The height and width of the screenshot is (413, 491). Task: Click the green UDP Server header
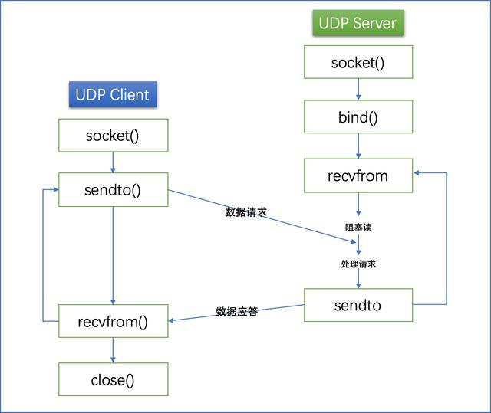click(358, 23)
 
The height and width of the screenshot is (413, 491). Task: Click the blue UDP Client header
click(113, 94)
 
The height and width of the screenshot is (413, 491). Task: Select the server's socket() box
click(358, 62)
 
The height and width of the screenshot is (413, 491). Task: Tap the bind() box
click(358, 116)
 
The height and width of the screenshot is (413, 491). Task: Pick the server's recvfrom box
click(358, 175)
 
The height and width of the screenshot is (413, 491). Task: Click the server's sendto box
click(358, 305)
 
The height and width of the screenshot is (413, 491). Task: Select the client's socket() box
click(113, 136)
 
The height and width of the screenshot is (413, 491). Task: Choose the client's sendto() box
click(113, 189)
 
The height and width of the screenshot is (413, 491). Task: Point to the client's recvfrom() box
click(113, 321)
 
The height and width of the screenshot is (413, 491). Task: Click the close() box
click(113, 379)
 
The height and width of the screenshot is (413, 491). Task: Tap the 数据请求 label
click(245, 212)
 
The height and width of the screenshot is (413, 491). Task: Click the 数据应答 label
click(237, 311)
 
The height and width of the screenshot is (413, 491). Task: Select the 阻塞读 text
click(358, 228)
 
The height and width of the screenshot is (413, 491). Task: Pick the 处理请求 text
click(358, 264)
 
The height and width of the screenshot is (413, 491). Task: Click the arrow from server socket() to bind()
click(358, 89)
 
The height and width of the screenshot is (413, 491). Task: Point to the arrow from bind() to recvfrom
click(358, 146)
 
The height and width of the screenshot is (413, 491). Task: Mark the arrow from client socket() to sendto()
click(113, 162)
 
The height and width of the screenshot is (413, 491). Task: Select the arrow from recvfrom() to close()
click(113, 350)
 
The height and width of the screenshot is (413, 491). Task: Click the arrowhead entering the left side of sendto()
click(56, 189)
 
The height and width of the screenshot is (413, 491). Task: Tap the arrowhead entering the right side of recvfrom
click(416, 172)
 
